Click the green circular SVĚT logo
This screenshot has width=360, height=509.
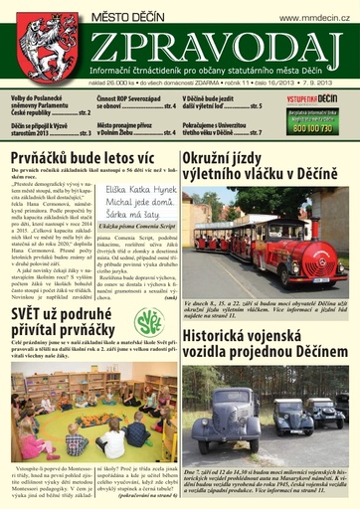(x=152, y=320)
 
